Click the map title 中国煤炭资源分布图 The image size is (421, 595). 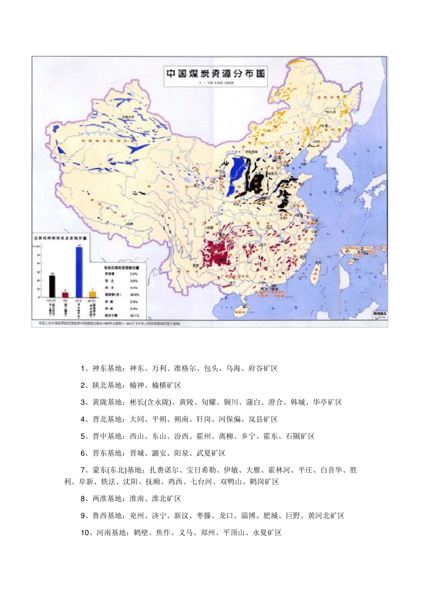coord(216,73)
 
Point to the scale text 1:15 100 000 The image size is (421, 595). coord(216,83)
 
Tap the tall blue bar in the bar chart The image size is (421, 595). coord(79,272)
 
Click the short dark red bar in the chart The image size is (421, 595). coord(65,294)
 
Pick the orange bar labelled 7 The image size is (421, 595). coord(92,294)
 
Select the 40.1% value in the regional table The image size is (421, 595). coord(134,315)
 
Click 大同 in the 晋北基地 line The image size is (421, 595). coord(137,419)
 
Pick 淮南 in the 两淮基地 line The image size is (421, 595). coord(137,498)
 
